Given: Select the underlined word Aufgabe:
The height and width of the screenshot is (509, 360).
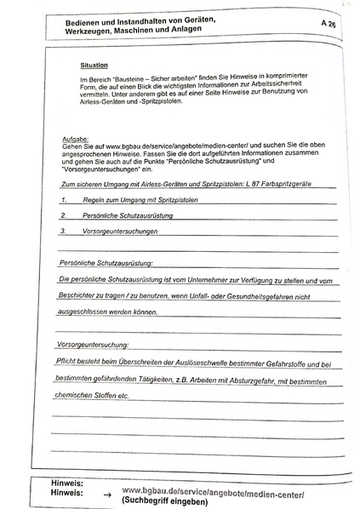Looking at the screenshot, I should (x=66, y=137).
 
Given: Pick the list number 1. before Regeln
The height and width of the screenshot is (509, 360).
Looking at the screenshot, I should (x=64, y=201).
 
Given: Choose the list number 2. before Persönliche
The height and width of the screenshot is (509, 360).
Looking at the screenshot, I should (x=64, y=216).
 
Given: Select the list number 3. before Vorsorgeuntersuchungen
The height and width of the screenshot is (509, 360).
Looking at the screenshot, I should (x=64, y=231).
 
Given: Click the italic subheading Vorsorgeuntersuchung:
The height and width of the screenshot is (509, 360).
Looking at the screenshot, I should (x=91, y=345).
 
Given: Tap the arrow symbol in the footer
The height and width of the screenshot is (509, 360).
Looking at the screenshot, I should (x=105, y=493).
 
